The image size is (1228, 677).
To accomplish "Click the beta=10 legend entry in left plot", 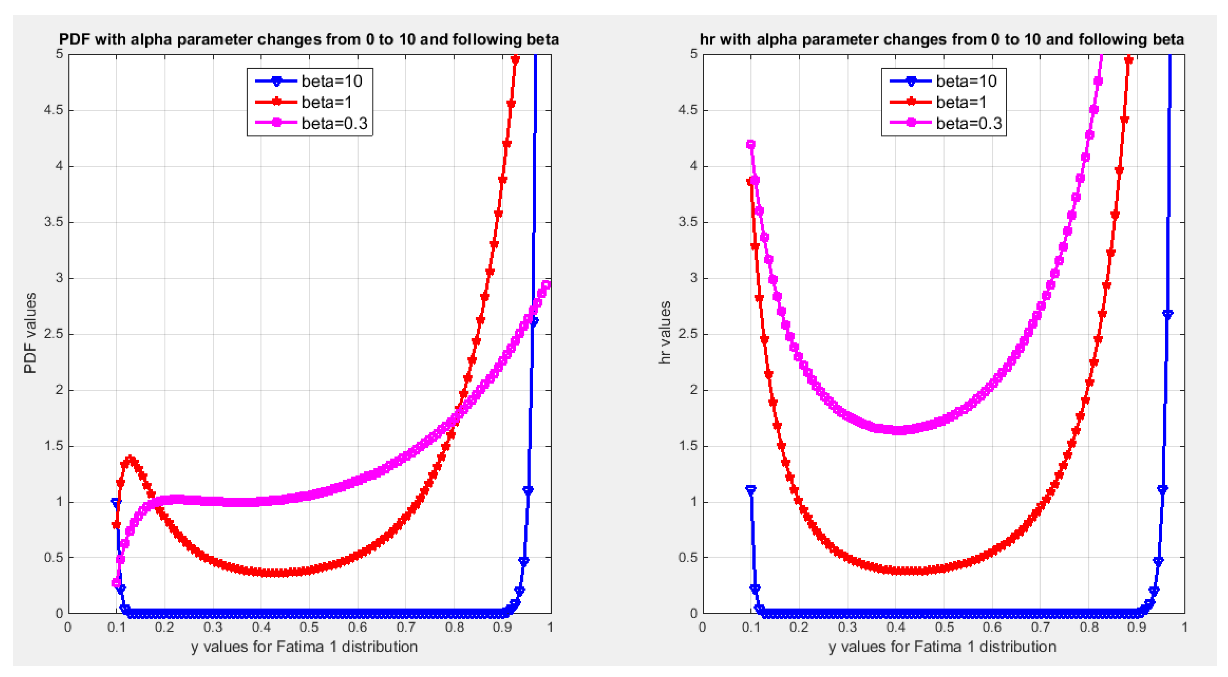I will point(331,81).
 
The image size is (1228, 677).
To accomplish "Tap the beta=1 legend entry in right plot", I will point(960,102).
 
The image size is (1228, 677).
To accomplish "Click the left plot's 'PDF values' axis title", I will point(30,333).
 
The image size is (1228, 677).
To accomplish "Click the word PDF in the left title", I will point(74,39).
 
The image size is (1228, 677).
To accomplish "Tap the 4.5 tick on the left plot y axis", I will point(53,110).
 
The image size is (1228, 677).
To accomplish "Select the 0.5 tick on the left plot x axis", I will point(309,627).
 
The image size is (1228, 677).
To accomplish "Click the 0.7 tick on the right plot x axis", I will point(1040,627).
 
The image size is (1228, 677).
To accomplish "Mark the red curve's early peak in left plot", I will point(130,460).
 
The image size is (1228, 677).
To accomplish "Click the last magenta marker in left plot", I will point(546,285).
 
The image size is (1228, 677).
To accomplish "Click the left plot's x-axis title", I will point(304,647).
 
